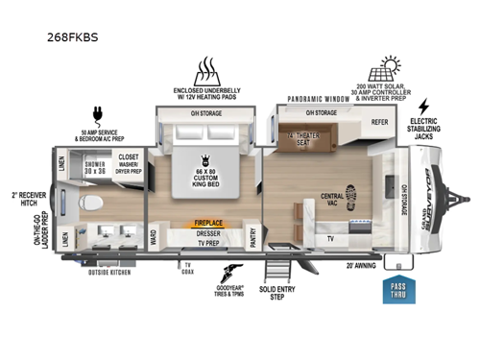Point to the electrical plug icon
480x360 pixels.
pyautogui.click(x=97, y=114)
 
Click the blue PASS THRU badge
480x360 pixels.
pyautogui.click(x=399, y=290)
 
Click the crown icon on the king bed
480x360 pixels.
pyautogui.click(x=204, y=159)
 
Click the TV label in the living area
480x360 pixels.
pyautogui.click(x=331, y=236)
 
